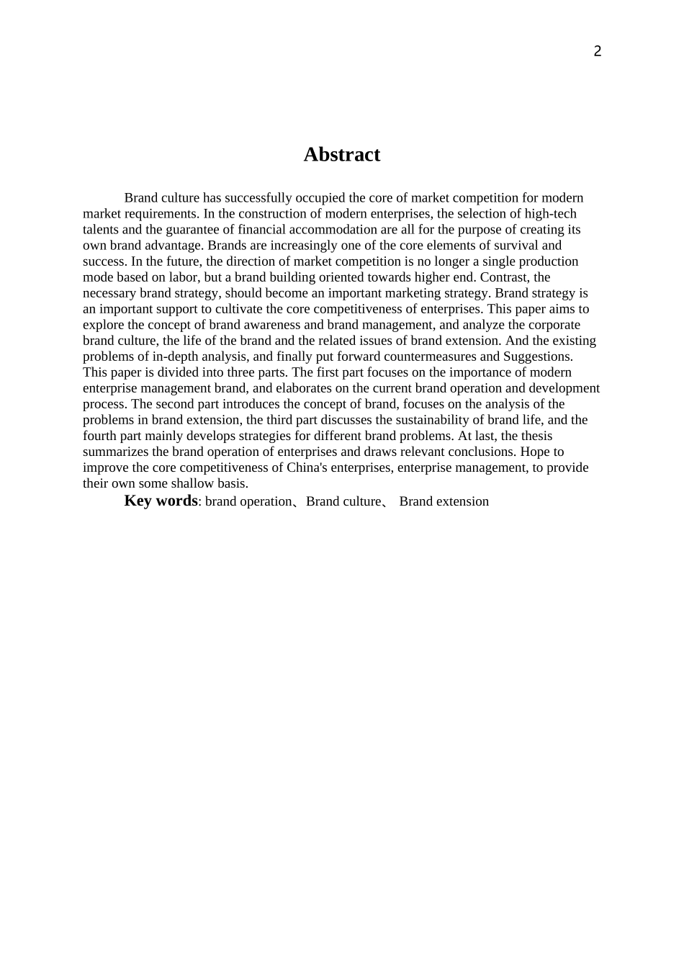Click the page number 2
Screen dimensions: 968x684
tap(597, 51)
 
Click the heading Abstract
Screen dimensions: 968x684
tap(341, 155)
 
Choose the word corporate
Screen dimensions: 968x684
tap(554, 325)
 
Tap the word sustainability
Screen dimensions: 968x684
tap(402, 420)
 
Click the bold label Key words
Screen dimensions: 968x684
tap(161, 501)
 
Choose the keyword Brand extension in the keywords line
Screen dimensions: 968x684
tap(444, 501)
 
